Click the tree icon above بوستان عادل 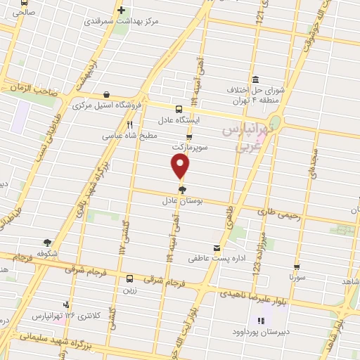click(x=182, y=190)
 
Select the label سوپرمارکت click(x=189, y=148)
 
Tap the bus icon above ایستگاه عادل click(x=179, y=108)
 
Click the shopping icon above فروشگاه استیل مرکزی click(x=105, y=94)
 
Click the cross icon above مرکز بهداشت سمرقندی click(x=121, y=11)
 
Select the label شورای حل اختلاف click(x=254, y=91)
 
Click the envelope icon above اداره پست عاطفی click(x=217, y=247)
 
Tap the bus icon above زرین click(x=129, y=278)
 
